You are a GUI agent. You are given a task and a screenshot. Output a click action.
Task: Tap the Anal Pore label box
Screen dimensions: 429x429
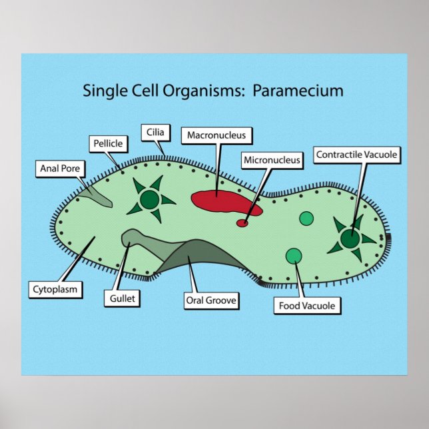click(x=59, y=168)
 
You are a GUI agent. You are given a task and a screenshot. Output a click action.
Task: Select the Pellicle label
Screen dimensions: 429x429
click(x=107, y=143)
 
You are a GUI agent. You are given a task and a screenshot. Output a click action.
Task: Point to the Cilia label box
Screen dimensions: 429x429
click(x=155, y=132)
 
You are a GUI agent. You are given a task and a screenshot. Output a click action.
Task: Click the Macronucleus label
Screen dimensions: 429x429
click(x=216, y=135)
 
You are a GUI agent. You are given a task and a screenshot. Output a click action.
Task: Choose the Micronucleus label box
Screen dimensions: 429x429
click(x=272, y=160)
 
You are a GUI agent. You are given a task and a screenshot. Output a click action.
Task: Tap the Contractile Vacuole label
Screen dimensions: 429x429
click(x=356, y=155)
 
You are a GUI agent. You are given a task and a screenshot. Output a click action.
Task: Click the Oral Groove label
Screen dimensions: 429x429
click(x=211, y=300)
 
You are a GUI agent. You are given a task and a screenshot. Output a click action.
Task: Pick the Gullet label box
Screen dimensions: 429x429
click(x=121, y=298)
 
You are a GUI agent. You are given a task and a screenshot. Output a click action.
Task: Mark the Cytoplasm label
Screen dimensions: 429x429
click(x=55, y=289)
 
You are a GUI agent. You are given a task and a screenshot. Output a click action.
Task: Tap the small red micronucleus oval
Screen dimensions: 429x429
click(x=243, y=223)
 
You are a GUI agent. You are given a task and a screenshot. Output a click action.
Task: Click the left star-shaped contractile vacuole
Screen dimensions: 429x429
click(x=150, y=199)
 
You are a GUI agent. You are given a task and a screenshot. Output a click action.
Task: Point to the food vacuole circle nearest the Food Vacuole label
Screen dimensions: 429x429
click(x=293, y=256)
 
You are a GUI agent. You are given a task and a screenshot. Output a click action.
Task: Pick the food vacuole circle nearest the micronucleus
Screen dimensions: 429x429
click(x=306, y=218)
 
